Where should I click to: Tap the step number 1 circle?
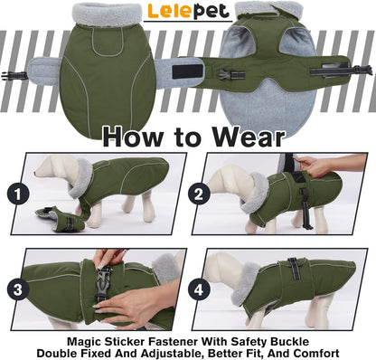(x=16, y=192)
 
